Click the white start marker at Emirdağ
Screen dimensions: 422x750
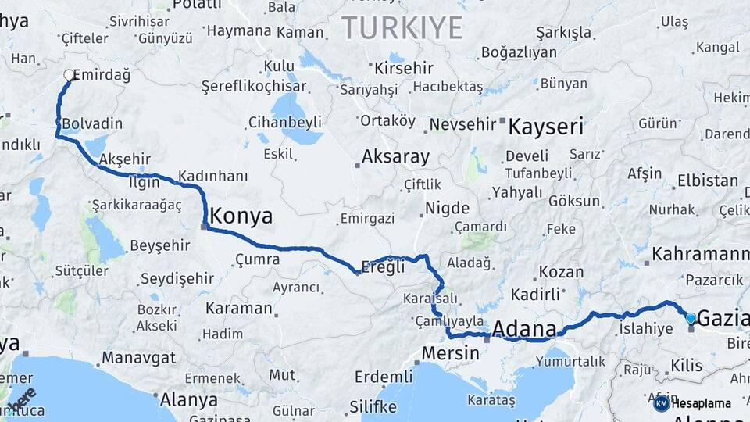pyautogui.click(x=69, y=76)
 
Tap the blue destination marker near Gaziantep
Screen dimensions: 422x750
pyautogui.click(x=691, y=318)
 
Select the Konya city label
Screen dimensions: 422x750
pyautogui.click(x=241, y=216)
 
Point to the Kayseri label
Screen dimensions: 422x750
pyautogui.click(x=546, y=127)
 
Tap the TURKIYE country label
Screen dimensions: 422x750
pyautogui.click(x=402, y=27)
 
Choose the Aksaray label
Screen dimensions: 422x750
pyautogui.click(x=395, y=157)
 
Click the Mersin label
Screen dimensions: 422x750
pyautogui.click(x=450, y=353)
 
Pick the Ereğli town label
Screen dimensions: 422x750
pyautogui.click(x=385, y=266)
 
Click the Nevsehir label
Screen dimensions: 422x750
pyautogui.click(x=462, y=124)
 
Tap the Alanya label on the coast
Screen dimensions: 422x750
pyautogui.click(x=188, y=400)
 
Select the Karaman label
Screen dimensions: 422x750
pyautogui.click(x=238, y=308)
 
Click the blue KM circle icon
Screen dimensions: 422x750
pyautogui.click(x=662, y=403)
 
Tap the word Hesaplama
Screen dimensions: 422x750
pyautogui.click(x=702, y=403)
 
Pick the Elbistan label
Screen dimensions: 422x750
pyautogui.click(x=707, y=181)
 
